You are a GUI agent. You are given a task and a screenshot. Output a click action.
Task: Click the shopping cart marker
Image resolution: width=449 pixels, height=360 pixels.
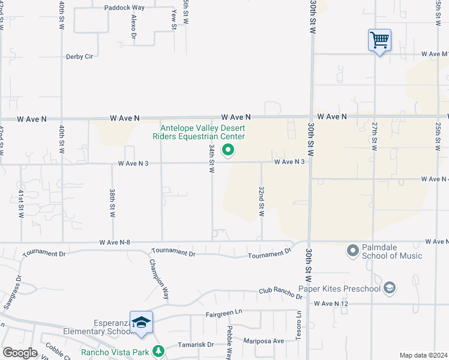click(x=379, y=41)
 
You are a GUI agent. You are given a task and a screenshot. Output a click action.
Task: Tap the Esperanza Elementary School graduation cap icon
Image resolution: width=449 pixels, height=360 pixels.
click(x=141, y=323)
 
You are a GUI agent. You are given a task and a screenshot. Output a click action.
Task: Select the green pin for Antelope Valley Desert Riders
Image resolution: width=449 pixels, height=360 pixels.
click(x=228, y=150)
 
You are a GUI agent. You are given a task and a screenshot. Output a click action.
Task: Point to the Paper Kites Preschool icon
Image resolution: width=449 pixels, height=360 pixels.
click(x=390, y=289)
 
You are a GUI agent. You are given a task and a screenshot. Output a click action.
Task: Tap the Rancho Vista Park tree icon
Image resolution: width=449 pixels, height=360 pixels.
click(x=158, y=351)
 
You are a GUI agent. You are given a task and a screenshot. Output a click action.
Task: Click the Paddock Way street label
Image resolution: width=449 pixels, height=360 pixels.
click(x=124, y=8)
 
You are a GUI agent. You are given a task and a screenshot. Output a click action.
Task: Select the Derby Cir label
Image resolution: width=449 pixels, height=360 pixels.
click(x=80, y=56)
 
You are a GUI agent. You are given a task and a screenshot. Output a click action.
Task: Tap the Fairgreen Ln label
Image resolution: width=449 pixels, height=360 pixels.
click(x=223, y=313)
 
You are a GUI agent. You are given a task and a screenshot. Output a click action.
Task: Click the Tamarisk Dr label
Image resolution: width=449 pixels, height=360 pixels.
click(x=196, y=345)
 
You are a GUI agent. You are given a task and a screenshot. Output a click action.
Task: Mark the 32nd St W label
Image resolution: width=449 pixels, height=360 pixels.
click(x=262, y=202)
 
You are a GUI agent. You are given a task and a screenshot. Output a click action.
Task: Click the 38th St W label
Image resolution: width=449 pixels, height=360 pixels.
click(x=112, y=203)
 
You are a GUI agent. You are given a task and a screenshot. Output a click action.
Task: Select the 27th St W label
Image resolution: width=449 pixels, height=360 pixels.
click(x=374, y=136)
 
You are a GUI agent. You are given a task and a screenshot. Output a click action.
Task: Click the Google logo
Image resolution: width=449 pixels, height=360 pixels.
click(x=20, y=353)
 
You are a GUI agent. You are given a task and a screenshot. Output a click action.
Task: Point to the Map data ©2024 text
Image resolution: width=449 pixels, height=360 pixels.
click(x=423, y=355)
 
